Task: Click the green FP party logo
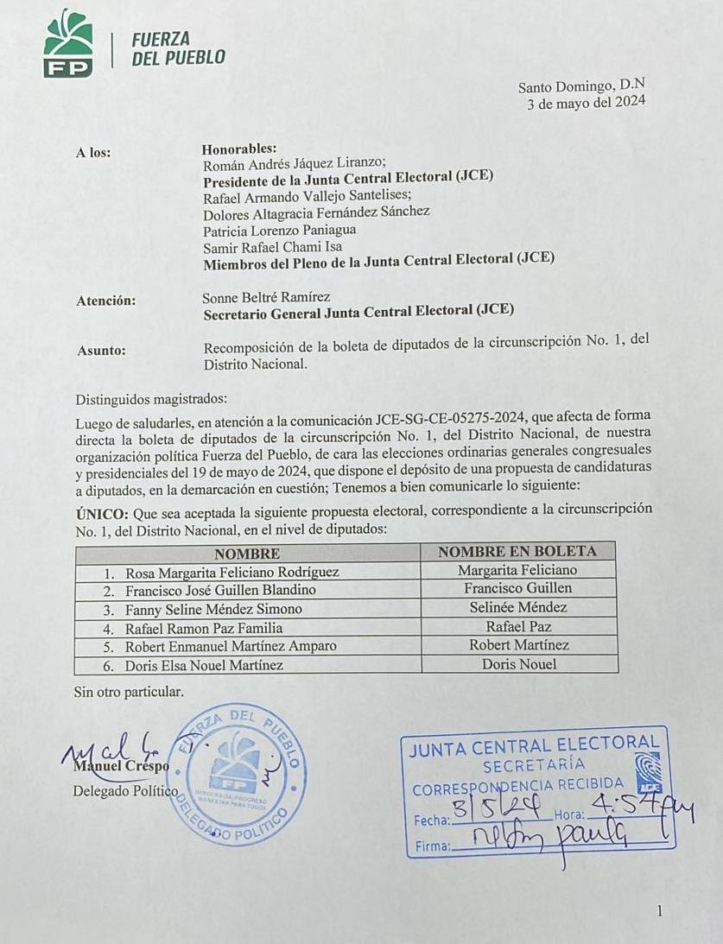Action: click(68, 43)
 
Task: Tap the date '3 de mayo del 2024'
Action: click(587, 104)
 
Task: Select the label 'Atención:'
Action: click(105, 301)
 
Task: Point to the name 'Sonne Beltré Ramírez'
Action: click(266, 297)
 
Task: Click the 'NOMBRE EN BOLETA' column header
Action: click(517, 552)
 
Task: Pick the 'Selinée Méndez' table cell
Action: click(517, 607)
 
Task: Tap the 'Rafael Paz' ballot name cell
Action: click(517, 626)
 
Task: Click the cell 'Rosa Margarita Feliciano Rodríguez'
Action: click(231, 572)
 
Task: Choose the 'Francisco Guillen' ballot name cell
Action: click(517, 588)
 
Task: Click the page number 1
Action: click(659, 911)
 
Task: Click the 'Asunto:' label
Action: click(101, 350)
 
